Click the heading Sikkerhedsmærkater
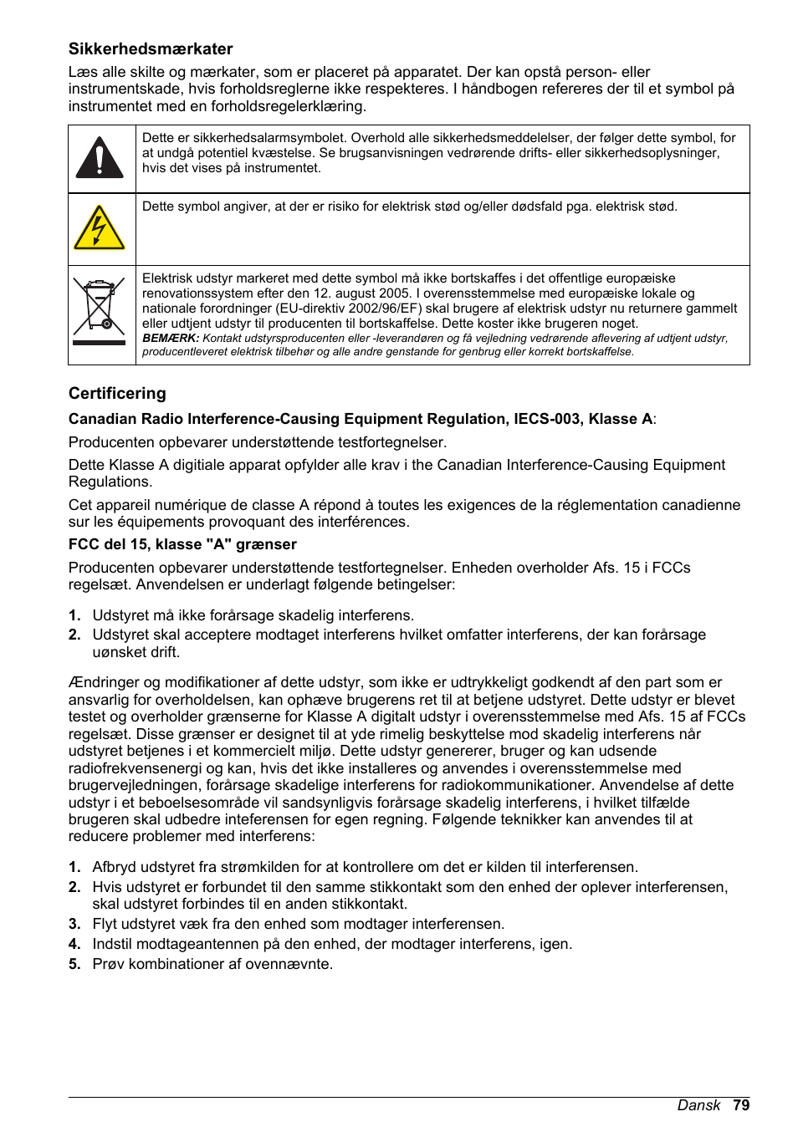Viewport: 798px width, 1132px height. pos(151,49)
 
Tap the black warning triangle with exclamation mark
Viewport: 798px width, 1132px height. pos(100,158)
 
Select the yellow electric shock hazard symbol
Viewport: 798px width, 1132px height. pos(100,228)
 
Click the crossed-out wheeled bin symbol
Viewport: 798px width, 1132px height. pos(100,311)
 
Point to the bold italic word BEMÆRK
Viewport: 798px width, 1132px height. pos(171,339)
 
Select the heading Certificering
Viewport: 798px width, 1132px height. pos(117,394)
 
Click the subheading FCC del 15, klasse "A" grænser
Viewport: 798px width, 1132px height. pos(182,544)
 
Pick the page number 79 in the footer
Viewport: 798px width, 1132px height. pos(741,1105)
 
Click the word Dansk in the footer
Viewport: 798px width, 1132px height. pos(698,1105)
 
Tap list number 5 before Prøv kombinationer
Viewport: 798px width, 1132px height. pos(74,964)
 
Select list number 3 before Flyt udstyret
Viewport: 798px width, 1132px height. pos(74,924)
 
